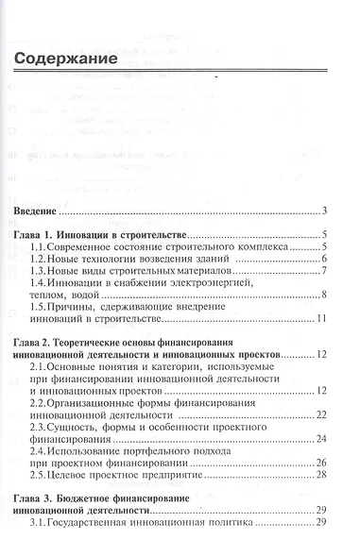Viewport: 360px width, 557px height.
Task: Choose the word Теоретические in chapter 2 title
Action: (x=115, y=343)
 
